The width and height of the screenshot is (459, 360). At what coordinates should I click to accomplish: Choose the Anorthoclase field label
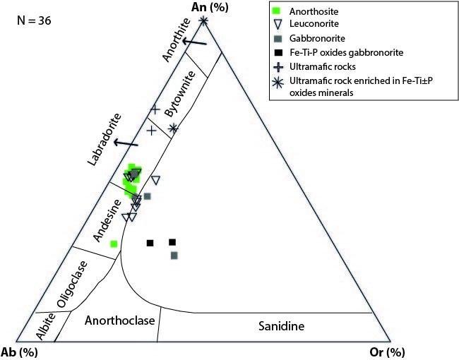[119, 321]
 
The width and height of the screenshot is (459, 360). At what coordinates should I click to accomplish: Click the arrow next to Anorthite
[194, 43]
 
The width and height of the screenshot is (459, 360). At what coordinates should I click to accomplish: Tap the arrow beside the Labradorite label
[126, 143]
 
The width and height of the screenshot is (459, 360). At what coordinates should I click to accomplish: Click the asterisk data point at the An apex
[204, 20]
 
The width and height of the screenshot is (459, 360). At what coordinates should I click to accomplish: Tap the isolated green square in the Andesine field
[114, 244]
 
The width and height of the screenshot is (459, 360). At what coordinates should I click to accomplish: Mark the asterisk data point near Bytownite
[174, 128]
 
